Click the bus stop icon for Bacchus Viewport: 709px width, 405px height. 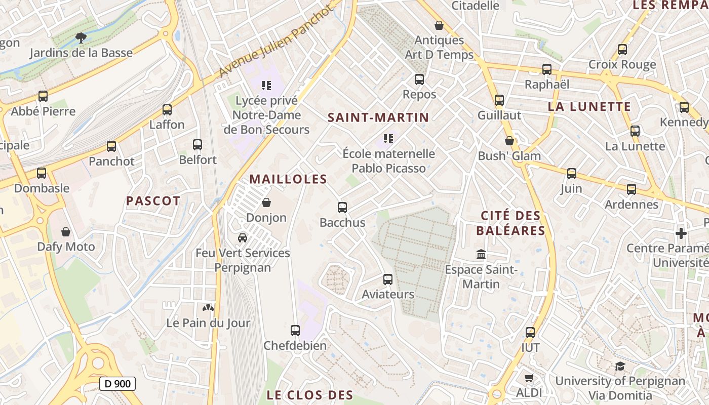point(342,207)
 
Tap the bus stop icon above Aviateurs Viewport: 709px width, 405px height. point(388,279)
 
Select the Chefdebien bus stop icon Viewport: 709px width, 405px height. point(295,331)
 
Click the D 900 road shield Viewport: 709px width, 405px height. point(117,384)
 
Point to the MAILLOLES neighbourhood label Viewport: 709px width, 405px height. point(288,179)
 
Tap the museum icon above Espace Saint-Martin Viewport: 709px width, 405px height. point(481,254)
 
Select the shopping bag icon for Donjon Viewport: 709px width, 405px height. point(266,202)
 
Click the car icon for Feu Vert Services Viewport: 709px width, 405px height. point(243,237)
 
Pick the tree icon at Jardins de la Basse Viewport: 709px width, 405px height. point(81,37)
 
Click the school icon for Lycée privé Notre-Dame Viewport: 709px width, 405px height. point(266,85)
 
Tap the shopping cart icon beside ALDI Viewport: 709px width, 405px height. point(529,378)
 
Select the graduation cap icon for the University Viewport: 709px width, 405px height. point(620,366)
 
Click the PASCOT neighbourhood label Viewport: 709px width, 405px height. point(153,201)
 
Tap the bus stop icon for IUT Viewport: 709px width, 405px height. point(530,333)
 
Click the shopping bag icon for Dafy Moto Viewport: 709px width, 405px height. point(66,232)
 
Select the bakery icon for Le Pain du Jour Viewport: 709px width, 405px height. point(208,307)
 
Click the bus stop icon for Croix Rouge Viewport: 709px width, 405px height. point(622,50)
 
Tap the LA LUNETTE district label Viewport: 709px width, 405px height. point(589,107)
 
